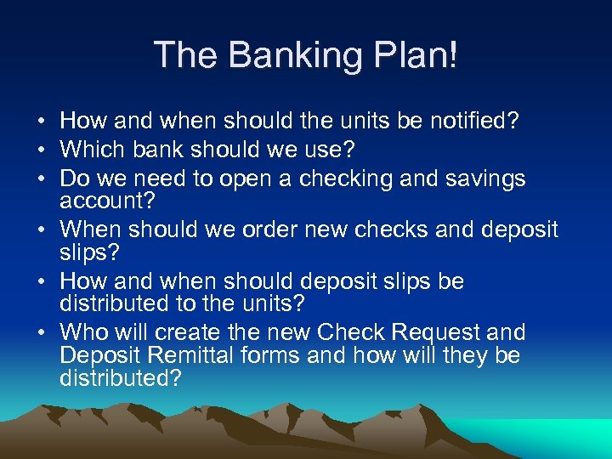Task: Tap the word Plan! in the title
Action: [x=417, y=57]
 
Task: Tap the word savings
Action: [x=486, y=179]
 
